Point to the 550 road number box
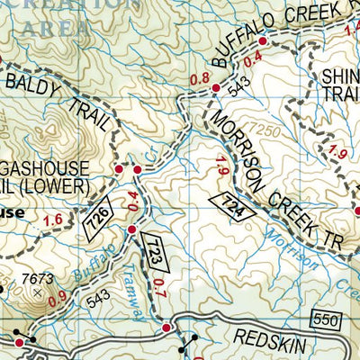(x=326, y=319)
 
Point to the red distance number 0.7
(x=159, y=288)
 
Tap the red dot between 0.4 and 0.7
(x=131, y=230)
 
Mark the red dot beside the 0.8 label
(x=216, y=87)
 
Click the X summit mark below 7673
(x=37, y=292)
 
